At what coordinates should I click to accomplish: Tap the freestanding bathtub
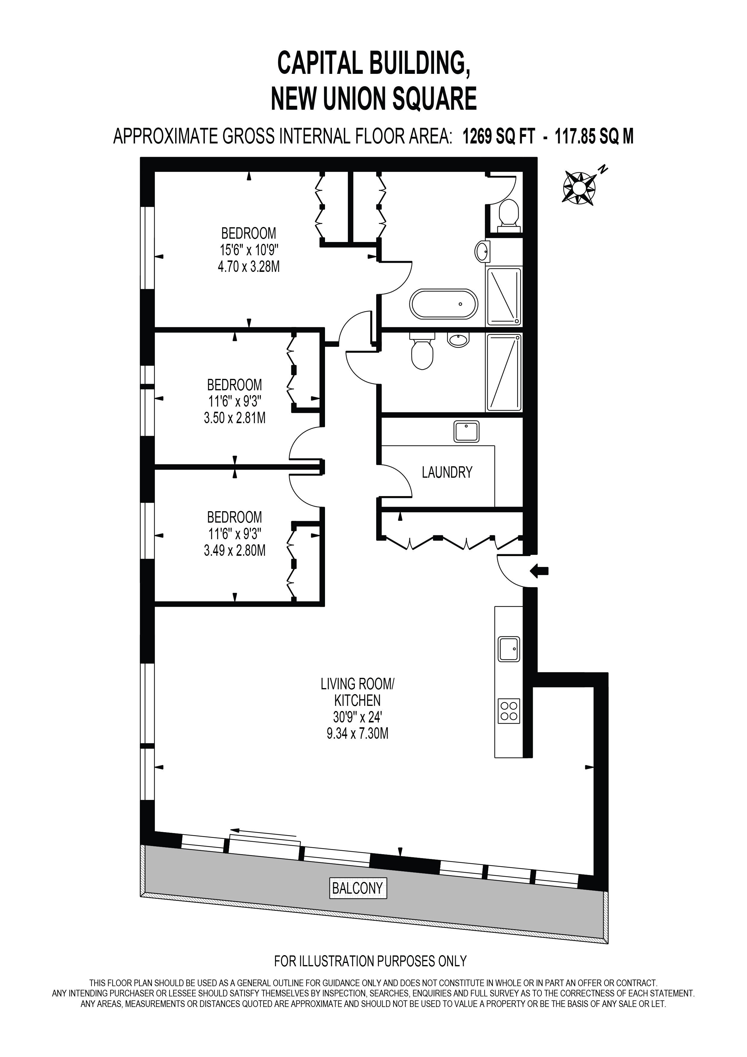coord(444,304)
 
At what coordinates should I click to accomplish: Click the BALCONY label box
coord(358,888)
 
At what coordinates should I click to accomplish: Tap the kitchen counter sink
coord(509,649)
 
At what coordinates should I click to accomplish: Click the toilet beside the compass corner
coord(508,216)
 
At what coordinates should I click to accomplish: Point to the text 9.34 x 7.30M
coord(358,733)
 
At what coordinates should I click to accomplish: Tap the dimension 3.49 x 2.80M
coord(235,551)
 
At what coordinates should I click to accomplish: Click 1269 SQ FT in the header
coord(499,137)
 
